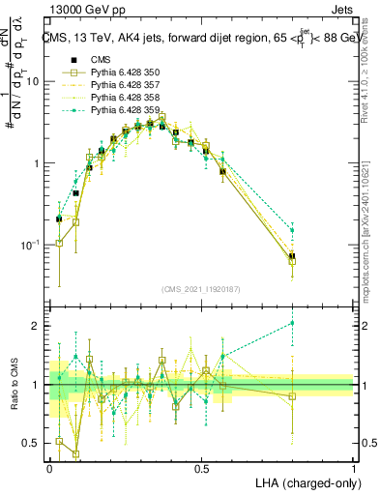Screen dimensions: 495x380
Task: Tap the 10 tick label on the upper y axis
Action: [x=33, y=82]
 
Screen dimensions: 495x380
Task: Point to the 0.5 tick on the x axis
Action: [x=201, y=467]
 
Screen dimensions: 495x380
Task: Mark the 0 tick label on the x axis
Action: [x=49, y=467]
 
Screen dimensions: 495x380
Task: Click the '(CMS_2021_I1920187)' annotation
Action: [x=201, y=287]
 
